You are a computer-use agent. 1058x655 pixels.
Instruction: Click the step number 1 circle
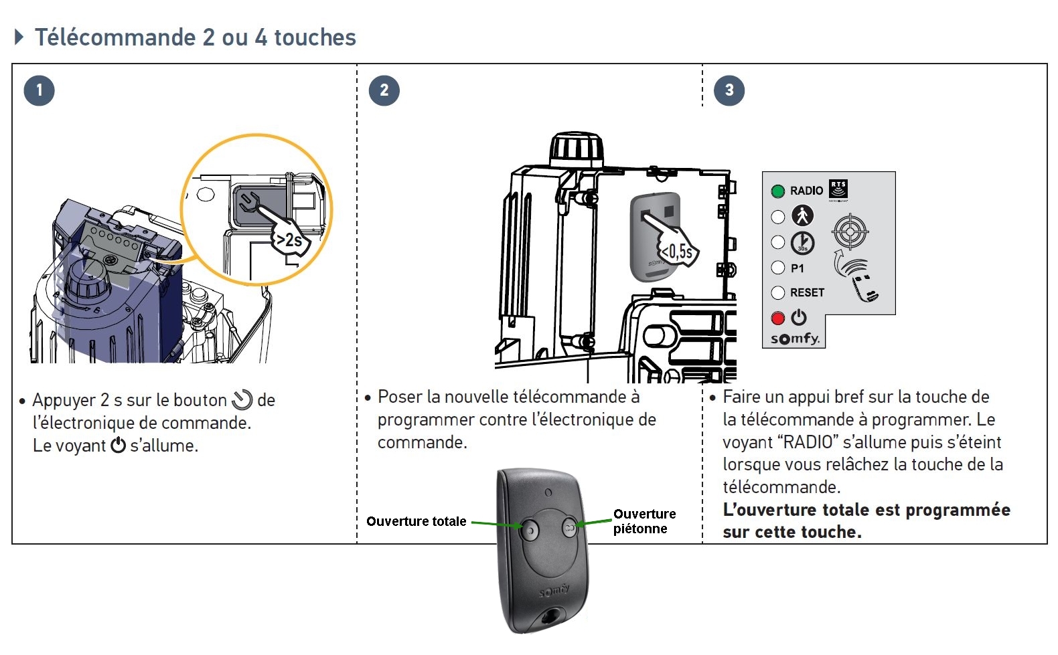pyautogui.click(x=39, y=90)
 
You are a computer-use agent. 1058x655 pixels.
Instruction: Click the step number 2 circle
pyautogui.click(x=384, y=90)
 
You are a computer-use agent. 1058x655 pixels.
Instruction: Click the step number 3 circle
pyautogui.click(x=729, y=90)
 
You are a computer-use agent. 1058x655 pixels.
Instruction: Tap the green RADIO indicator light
pyautogui.click(x=777, y=191)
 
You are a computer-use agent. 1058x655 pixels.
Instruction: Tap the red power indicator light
pyautogui.click(x=777, y=318)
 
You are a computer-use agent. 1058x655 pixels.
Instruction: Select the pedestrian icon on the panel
pyautogui.click(x=802, y=215)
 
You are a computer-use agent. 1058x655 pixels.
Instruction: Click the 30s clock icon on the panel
pyautogui.click(x=802, y=242)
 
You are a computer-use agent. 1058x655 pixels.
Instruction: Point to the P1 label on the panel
pyautogui.click(x=797, y=268)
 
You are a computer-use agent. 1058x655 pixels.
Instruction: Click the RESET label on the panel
pyautogui.click(x=807, y=292)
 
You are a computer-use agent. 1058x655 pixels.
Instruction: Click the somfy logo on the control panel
pyautogui.click(x=795, y=339)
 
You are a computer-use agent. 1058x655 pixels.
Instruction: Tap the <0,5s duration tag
pyautogui.click(x=677, y=252)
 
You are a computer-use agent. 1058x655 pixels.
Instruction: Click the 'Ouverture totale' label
pyautogui.click(x=416, y=521)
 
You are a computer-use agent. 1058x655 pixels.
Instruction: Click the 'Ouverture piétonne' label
pyautogui.click(x=644, y=521)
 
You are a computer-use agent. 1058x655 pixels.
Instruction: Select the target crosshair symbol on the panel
pyautogui.click(x=850, y=232)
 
